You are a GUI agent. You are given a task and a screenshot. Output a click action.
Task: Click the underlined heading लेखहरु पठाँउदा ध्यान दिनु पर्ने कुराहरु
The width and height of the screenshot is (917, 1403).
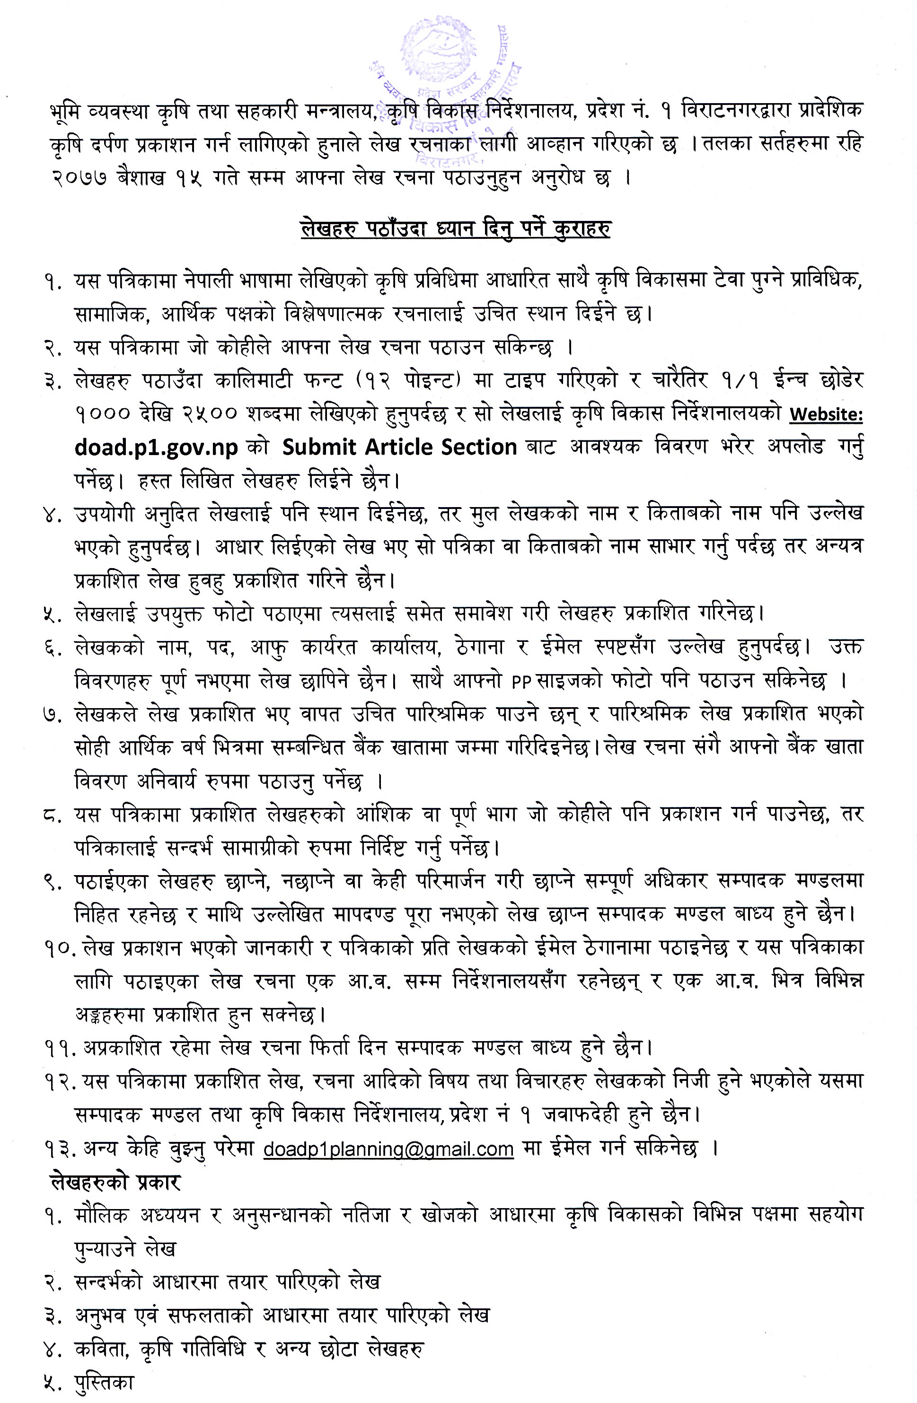(455, 228)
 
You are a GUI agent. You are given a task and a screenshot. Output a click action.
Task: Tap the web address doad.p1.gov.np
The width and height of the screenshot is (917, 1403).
(156, 447)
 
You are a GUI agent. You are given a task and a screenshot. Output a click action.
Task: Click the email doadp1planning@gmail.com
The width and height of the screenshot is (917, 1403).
(388, 1160)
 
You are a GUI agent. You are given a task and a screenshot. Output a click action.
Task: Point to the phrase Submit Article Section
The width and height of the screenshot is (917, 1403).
(399, 447)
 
